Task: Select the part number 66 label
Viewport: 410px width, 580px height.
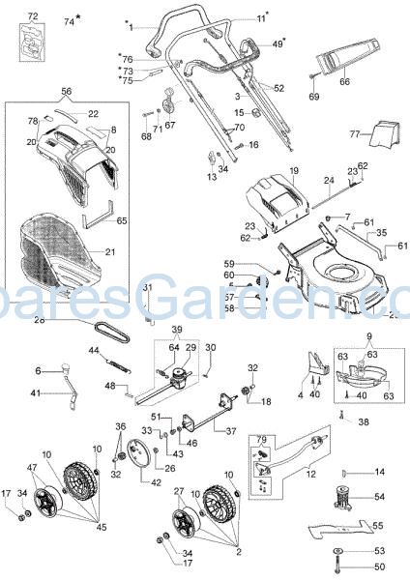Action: [x=344, y=83]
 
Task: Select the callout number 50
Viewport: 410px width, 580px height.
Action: [x=379, y=566]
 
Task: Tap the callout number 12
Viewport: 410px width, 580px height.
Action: [x=310, y=475]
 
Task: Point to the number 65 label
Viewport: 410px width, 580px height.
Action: [x=122, y=221]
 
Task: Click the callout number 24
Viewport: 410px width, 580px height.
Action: [x=328, y=180]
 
